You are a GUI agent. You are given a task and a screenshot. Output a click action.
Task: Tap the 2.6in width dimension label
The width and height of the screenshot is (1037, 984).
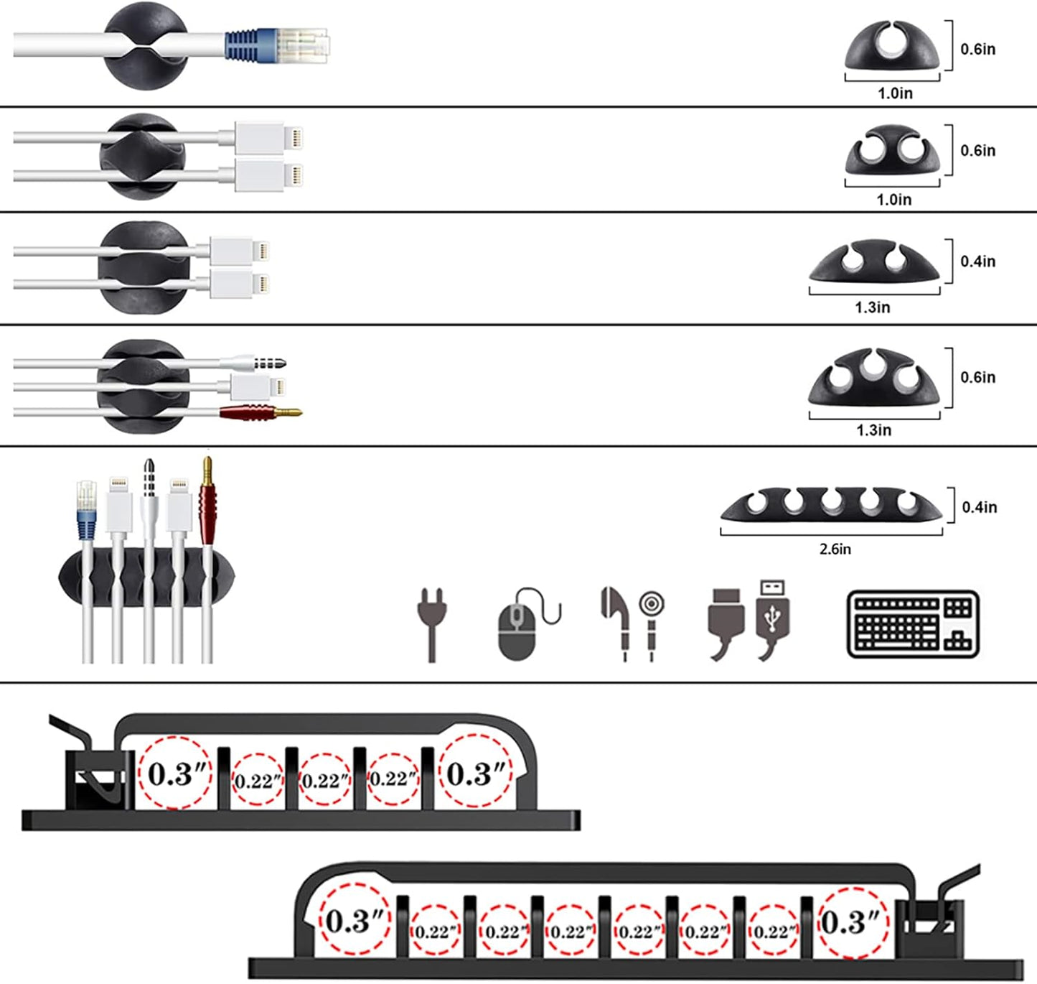pyautogui.click(x=835, y=549)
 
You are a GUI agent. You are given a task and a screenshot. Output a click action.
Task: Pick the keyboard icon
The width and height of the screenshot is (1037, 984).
pyautogui.click(x=913, y=624)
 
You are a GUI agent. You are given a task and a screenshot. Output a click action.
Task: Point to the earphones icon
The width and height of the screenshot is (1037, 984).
pyautogui.click(x=632, y=621)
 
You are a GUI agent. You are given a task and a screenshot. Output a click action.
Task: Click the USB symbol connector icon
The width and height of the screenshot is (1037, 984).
pyautogui.click(x=773, y=619)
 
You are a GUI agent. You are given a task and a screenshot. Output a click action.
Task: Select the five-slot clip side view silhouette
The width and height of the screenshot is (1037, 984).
pyautogui.click(x=831, y=504)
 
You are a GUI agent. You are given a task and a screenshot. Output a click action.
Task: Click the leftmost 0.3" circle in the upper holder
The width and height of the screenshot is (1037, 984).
pyautogui.click(x=176, y=774)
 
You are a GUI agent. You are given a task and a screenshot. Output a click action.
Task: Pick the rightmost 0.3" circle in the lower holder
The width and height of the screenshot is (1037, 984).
pyautogui.click(x=852, y=922)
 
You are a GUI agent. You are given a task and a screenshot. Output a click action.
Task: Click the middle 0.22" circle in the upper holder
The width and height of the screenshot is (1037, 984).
pyautogui.click(x=325, y=780)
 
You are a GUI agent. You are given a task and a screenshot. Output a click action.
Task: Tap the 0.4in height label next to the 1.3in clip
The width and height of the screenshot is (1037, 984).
pyautogui.click(x=978, y=261)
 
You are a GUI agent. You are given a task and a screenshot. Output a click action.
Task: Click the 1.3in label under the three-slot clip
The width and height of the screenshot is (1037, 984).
pyautogui.click(x=873, y=430)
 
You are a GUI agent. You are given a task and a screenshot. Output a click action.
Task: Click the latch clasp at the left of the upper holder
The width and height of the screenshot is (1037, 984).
pyautogui.click(x=90, y=772)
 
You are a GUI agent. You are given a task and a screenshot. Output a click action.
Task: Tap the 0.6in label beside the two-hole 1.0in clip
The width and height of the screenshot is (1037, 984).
pyautogui.click(x=978, y=151)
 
